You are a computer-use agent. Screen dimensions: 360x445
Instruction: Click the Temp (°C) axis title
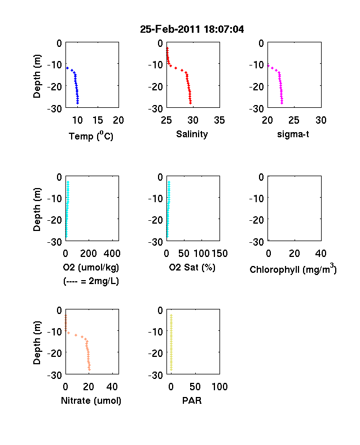(91, 136)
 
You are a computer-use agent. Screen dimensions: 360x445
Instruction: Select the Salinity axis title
(192, 134)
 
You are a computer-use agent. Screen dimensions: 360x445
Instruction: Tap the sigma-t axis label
(293, 134)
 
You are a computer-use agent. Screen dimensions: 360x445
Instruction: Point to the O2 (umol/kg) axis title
(91, 267)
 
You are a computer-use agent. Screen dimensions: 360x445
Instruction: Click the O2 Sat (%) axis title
(192, 267)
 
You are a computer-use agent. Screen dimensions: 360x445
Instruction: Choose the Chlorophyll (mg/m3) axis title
(293, 268)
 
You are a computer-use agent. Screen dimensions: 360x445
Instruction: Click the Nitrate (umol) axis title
(91, 400)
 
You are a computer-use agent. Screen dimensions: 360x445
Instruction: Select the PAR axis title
(192, 400)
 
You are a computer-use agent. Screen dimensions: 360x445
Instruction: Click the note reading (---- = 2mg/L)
(91, 281)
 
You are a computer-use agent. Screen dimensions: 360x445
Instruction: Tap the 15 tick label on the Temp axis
(98, 120)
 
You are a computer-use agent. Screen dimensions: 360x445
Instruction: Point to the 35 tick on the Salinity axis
(219, 120)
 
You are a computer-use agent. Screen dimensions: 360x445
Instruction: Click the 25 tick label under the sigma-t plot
(294, 120)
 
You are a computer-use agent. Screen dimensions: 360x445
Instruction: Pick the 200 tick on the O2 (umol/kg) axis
(89, 254)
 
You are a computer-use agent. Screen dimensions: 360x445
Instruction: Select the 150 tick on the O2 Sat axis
(219, 254)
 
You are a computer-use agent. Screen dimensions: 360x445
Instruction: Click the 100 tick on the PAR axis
(219, 386)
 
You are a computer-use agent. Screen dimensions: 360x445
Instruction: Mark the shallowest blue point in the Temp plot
(68, 68)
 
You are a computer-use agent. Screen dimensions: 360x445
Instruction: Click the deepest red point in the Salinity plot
(191, 103)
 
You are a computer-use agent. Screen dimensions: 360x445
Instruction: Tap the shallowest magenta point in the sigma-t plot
(269, 66)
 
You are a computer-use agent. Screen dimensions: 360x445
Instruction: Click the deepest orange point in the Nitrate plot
(89, 369)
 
